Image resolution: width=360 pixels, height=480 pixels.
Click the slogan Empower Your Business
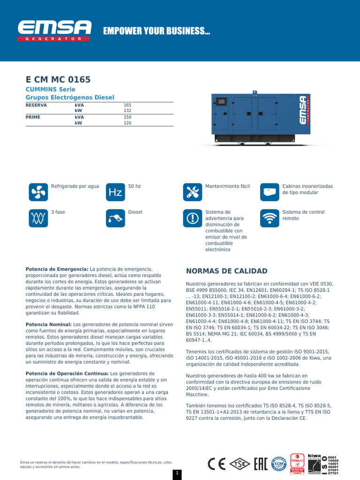click(x=157, y=31)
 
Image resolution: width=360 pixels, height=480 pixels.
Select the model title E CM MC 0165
click(x=58, y=80)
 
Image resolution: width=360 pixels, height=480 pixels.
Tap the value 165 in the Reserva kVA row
click(x=127, y=105)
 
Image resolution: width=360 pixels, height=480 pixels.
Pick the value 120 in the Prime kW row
click(x=127, y=123)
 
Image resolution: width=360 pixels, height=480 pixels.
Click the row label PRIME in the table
click(x=33, y=117)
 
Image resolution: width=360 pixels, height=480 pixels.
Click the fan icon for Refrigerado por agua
click(x=38, y=192)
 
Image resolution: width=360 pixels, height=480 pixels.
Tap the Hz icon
click(x=115, y=192)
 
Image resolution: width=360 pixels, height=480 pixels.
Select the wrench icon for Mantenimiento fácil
click(x=192, y=192)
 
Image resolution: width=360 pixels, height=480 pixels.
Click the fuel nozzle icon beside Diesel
click(x=115, y=218)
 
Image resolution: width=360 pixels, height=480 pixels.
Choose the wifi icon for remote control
click(x=269, y=218)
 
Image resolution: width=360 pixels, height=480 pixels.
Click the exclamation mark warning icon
click(x=192, y=218)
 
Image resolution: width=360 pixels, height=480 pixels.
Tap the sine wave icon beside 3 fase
click(x=38, y=218)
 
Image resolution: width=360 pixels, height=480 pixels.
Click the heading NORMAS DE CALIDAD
click(x=227, y=271)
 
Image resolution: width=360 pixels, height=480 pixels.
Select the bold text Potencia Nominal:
click(x=49, y=324)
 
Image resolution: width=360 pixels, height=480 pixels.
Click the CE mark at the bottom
click(x=217, y=464)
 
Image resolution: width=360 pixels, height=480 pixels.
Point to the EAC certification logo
click(x=261, y=464)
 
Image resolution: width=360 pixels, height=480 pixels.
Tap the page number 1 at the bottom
click(x=177, y=473)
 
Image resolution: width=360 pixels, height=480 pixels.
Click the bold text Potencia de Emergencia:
click(x=57, y=269)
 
